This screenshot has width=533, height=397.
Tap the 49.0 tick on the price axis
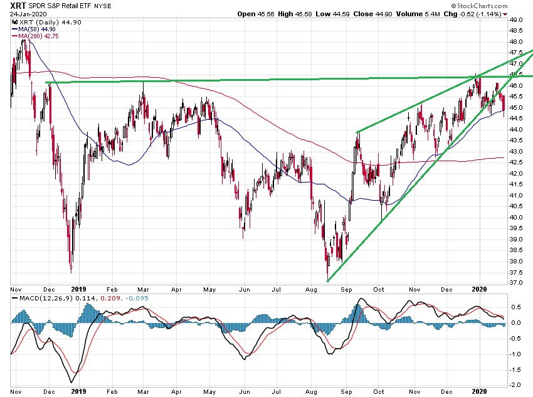(517, 20)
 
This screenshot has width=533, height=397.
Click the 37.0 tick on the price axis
(517, 283)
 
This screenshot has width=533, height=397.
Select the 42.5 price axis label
(517, 162)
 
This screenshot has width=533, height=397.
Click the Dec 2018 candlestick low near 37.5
(71, 271)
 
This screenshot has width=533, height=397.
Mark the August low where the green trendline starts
(327, 280)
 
